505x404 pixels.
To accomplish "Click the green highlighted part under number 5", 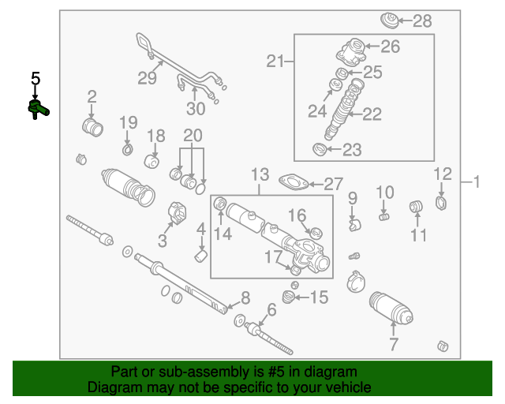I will [37, 108].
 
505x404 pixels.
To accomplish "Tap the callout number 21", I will [275, 62].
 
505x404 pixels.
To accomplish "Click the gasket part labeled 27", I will [294, 184].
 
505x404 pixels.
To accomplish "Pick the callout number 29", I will [147, 77].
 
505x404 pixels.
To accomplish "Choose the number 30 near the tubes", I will [195, 108].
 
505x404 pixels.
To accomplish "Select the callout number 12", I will [442, 174].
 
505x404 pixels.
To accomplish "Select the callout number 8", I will [245, 297].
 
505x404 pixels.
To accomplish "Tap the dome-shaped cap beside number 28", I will [389, 20].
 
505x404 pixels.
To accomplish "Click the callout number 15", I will [318, 297].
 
